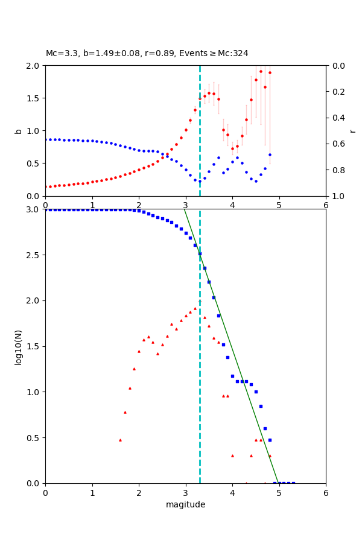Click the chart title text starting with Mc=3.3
(147, 54)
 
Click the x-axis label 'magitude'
(185, 504)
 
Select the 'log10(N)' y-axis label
(18, 346)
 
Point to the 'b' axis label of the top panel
(18, 130)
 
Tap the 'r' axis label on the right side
(353, 130)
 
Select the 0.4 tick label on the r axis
(338, 118)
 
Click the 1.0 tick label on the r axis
(338, 196)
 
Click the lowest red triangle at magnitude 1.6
(120, 440)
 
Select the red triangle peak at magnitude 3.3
(200, 301)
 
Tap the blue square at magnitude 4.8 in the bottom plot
(270, 440)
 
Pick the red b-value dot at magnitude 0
(46, 187)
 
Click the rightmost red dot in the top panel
(270, 72)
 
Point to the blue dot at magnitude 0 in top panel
(46, 139)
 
